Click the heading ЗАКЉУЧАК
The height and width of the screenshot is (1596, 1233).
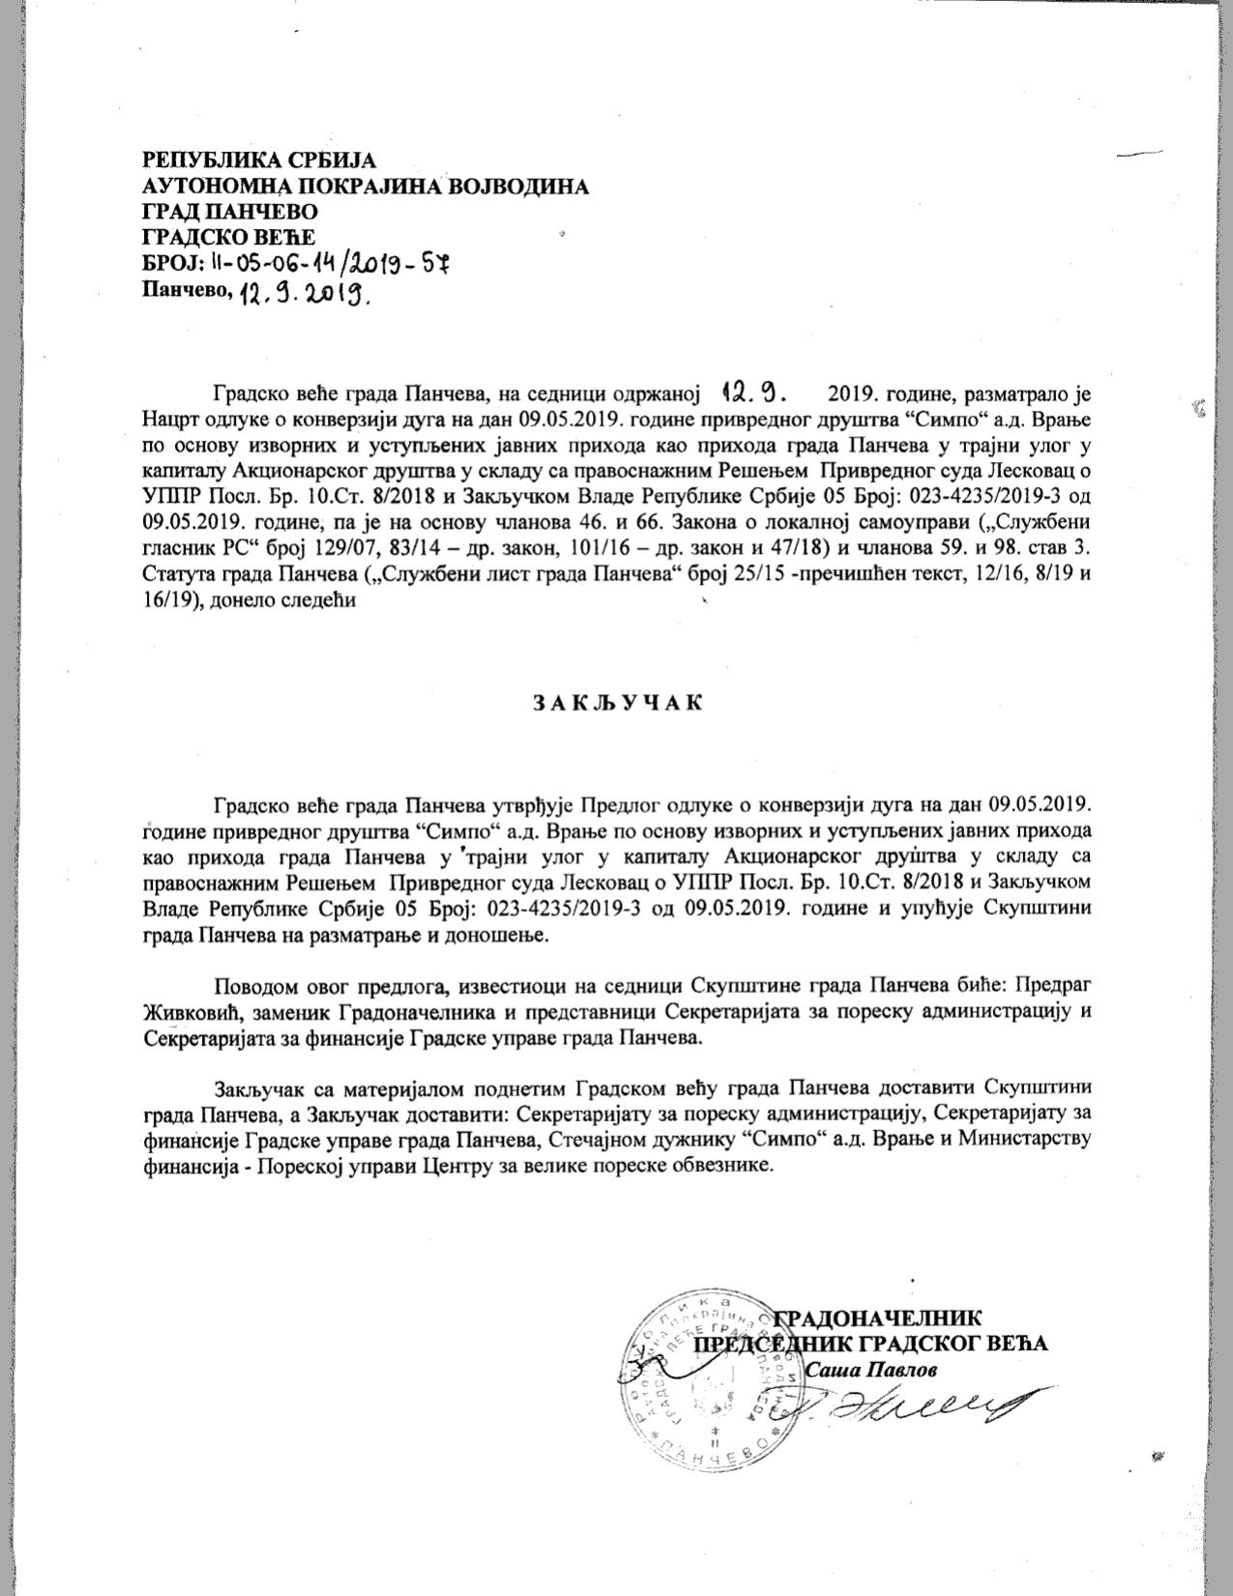coord(616,703)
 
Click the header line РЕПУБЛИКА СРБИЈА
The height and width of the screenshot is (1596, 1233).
coord(258,160)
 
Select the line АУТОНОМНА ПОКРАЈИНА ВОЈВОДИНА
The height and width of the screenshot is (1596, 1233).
coord(365,187)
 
